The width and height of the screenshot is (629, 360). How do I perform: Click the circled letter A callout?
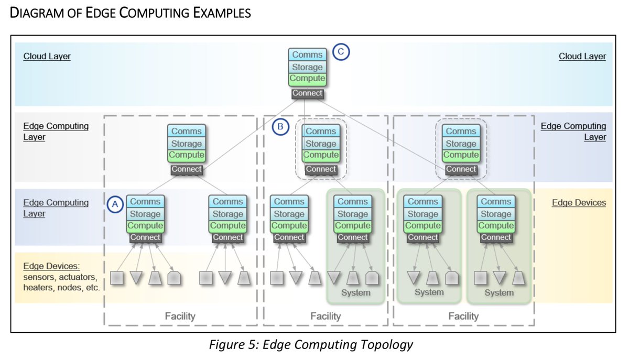click(x=115, y=204)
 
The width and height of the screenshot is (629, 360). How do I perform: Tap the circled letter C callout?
click(x=341, y=51)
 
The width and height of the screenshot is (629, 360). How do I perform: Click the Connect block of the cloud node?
click(x=307, y=94)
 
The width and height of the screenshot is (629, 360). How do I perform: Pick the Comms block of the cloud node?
click(x=307, y=54)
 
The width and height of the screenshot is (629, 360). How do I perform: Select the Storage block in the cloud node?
click(x=307, y=67)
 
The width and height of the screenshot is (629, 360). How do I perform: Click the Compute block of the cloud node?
click(x=307, y=79)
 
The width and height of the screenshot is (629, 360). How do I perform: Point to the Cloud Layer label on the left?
click(x=47, y=56)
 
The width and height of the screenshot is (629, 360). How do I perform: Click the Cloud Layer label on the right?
click(x=582, y=56)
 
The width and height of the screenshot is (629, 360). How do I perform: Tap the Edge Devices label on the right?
click(x=579, y=202)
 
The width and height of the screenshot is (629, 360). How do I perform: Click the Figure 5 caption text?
click(x=311, y=345)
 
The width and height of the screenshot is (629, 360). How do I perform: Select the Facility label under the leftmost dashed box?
click(x=180, y=316)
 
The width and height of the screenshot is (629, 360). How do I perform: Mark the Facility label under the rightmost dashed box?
click(x=463, y=316)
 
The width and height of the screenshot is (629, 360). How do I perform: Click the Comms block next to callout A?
click(x=145, y=201)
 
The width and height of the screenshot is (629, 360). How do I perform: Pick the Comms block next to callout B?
click(x=321, y=131)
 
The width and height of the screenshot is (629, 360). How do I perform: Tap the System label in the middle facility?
click(x=355, y=292)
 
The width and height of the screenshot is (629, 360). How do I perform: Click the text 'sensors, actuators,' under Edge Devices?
click(x=60, y=277)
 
